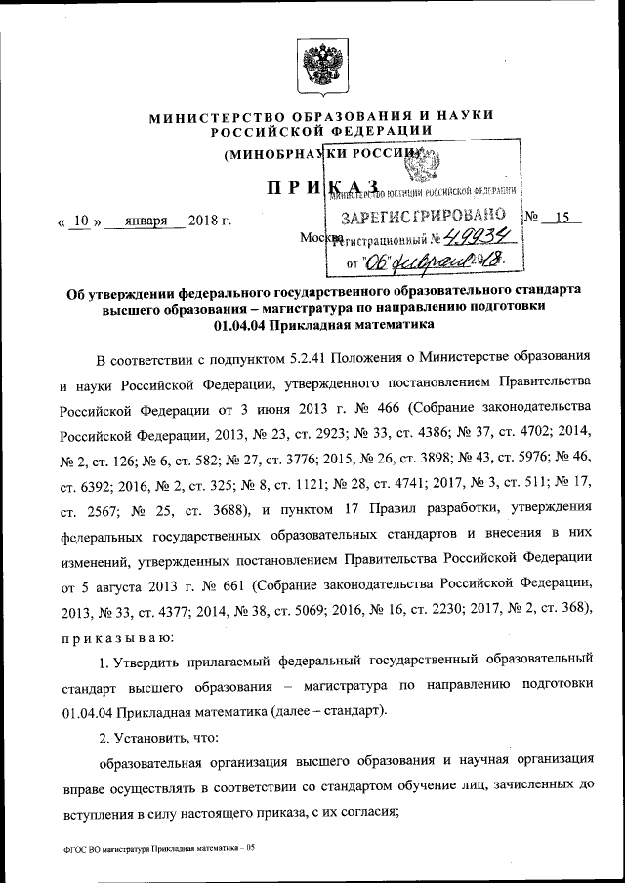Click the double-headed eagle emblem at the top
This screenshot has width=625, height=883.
pyautogui.click(x=318, y=66)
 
